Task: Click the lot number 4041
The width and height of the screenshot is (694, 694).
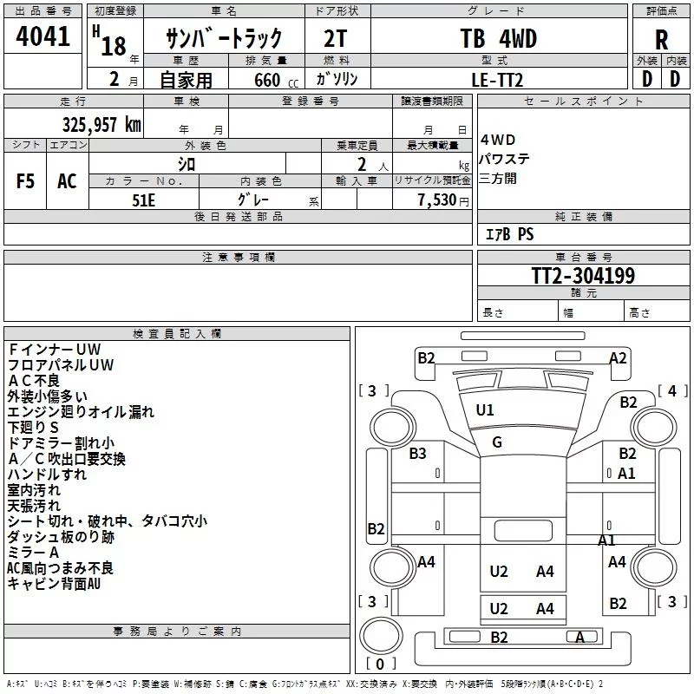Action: (x=43, y=36)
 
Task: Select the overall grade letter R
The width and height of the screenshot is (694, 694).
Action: (x=661, y=40)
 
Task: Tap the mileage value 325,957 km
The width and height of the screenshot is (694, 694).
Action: (x=101, y=125)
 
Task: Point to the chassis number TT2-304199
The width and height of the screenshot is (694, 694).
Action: (x=583, y=276)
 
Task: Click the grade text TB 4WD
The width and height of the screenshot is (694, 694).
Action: (x=499, y=38)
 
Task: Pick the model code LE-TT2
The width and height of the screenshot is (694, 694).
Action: (x=497, y=80)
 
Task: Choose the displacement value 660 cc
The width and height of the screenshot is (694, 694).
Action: (x=276, y=81)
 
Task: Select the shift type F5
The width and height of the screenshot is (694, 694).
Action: (x=25, y=181)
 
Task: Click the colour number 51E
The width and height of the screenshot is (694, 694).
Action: (x=143, y=200)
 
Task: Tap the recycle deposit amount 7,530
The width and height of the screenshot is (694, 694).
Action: (x=437, y=200)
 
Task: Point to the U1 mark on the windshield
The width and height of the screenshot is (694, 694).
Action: (x=485, y=410)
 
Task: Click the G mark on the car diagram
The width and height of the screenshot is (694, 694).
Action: (x=497, y=442)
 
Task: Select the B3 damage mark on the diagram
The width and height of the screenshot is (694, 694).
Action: (x=417, y=453)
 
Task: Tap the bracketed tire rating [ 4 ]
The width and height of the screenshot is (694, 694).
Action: (x=672, y=391)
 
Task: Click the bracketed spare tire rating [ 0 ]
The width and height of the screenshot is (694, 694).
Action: (x=380, y=664)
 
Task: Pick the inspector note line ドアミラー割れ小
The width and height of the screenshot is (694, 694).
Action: (x=61, y=443)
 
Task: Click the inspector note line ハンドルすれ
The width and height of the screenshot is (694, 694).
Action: (x=47, y=475)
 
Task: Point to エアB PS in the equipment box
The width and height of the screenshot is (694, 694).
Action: (x=510, y=234)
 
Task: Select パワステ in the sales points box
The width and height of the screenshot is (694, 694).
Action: (x=504, y=159)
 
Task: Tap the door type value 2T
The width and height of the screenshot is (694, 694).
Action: (x=335, y=38)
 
